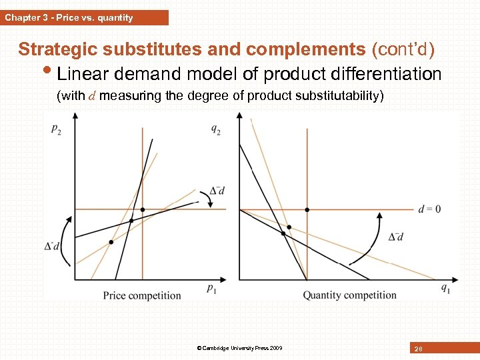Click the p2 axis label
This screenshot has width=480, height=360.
(57, 130)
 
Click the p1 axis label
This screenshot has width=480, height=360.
(211, 289)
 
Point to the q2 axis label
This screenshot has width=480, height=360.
(216, 130)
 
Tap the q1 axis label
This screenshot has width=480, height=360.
(445, 289)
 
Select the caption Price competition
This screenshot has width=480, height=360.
(142, 295)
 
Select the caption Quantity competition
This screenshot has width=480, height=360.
(349, 295)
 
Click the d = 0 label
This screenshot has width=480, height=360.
(429, 209)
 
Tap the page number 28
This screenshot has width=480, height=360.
(419, 349)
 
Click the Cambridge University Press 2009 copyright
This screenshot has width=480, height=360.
(240, 348)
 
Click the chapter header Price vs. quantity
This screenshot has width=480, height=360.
(69, 18)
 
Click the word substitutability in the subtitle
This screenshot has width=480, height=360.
(337, 95)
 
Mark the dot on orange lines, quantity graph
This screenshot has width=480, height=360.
(307, 209)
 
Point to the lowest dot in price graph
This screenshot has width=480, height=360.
(111, 242)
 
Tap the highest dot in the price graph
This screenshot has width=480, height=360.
(143, 210)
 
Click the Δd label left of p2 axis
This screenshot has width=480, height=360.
(52, 246)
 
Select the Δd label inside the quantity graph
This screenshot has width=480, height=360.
(396, 237)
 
